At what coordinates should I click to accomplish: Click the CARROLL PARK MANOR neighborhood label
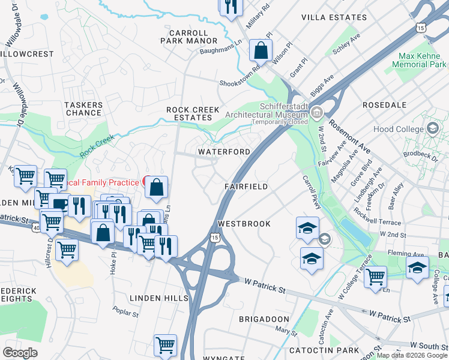point(188,37)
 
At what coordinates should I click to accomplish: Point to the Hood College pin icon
point(432,128)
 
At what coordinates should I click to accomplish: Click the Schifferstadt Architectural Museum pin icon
point(316,112)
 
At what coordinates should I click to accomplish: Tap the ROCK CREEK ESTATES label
point(193,114)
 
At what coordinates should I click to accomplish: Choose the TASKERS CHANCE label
point(83,109)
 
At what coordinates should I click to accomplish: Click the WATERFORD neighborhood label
point(224,152)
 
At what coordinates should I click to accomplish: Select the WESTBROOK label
point(244,223)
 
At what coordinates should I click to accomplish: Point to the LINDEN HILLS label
point(159,298)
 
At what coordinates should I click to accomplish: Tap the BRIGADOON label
point(265,319)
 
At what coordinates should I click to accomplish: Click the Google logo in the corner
point(20,353)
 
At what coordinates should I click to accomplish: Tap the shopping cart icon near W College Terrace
point(375,277)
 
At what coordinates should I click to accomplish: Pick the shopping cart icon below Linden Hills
point(165,345)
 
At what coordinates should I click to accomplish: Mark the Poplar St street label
point(126,312)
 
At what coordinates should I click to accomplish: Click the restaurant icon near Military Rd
point(230,7)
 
